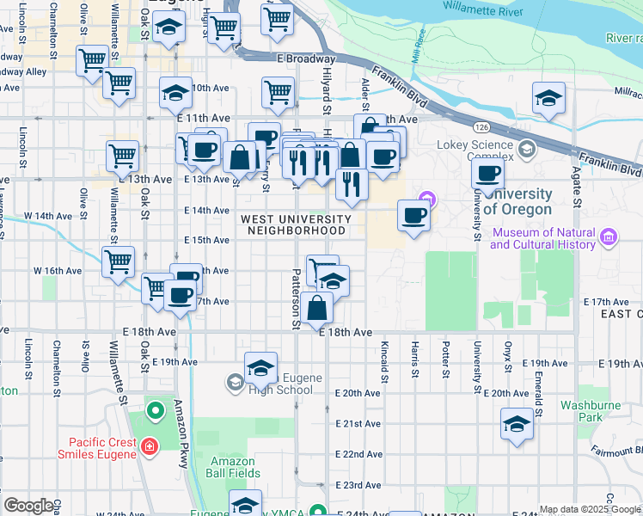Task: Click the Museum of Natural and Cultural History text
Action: coord(542,238)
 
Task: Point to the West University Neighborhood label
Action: coord(297,224)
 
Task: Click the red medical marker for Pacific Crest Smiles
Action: coord(150,447)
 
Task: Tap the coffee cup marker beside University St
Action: coord(489,175)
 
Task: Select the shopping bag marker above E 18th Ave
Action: coord(317,307)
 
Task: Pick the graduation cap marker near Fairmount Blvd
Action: coord(517,423)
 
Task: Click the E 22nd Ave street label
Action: coord(358,453)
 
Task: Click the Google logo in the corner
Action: coord(28,506)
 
